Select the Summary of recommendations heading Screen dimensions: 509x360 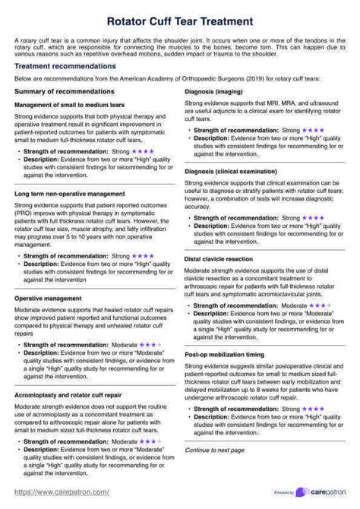pyautogui.click(x=58, y=91)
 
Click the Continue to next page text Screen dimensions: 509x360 pyautogui.click(x=215, y=450)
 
